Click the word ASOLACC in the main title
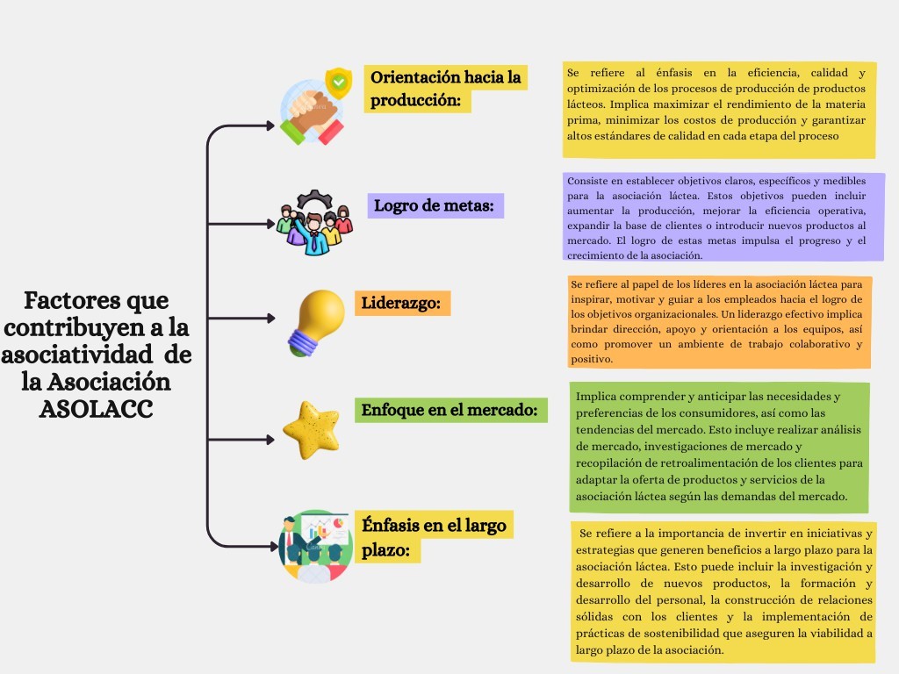(97, 409)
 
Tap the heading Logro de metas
(435, 205)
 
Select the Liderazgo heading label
(401, 303)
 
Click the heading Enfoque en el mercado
(450, 411)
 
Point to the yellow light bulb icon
(316, 323)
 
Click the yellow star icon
(312, 430)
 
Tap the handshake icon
(312, 115)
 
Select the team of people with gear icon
(314, 222)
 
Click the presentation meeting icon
(315, 546)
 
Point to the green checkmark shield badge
(339, 82)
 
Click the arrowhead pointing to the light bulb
(270, 318)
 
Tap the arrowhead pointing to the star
(270, 440)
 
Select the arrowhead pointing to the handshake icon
(270, 125)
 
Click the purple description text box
(723, 218)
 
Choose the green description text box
(720, 447)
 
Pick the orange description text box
(720, 321)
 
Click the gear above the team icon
(314, 199)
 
